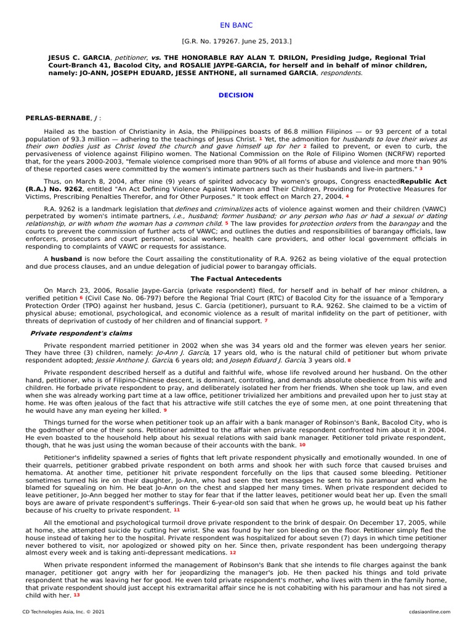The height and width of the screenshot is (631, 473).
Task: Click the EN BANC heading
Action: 236,25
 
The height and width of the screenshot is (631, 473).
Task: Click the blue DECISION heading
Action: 236,96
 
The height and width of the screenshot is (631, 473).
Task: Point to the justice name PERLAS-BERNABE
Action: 56,117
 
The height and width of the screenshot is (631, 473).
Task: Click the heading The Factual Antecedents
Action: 236,279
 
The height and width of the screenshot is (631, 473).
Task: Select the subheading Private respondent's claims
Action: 71,333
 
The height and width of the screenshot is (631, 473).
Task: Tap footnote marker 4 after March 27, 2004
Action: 347,196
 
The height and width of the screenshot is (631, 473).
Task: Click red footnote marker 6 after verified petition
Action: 81,297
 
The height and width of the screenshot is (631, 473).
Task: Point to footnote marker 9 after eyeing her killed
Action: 165,410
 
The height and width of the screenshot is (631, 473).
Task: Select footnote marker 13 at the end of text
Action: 76,595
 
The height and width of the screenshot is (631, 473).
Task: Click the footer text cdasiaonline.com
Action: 429,612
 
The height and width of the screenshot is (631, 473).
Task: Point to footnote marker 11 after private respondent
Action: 177,510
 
